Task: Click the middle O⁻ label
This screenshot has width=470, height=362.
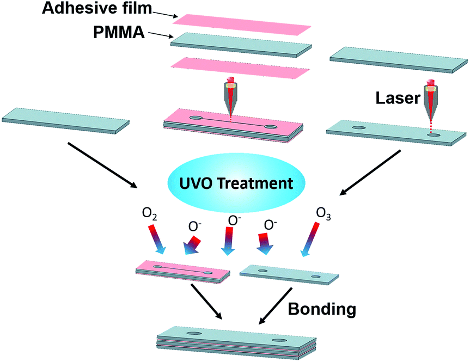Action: click(x=234, y=219)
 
